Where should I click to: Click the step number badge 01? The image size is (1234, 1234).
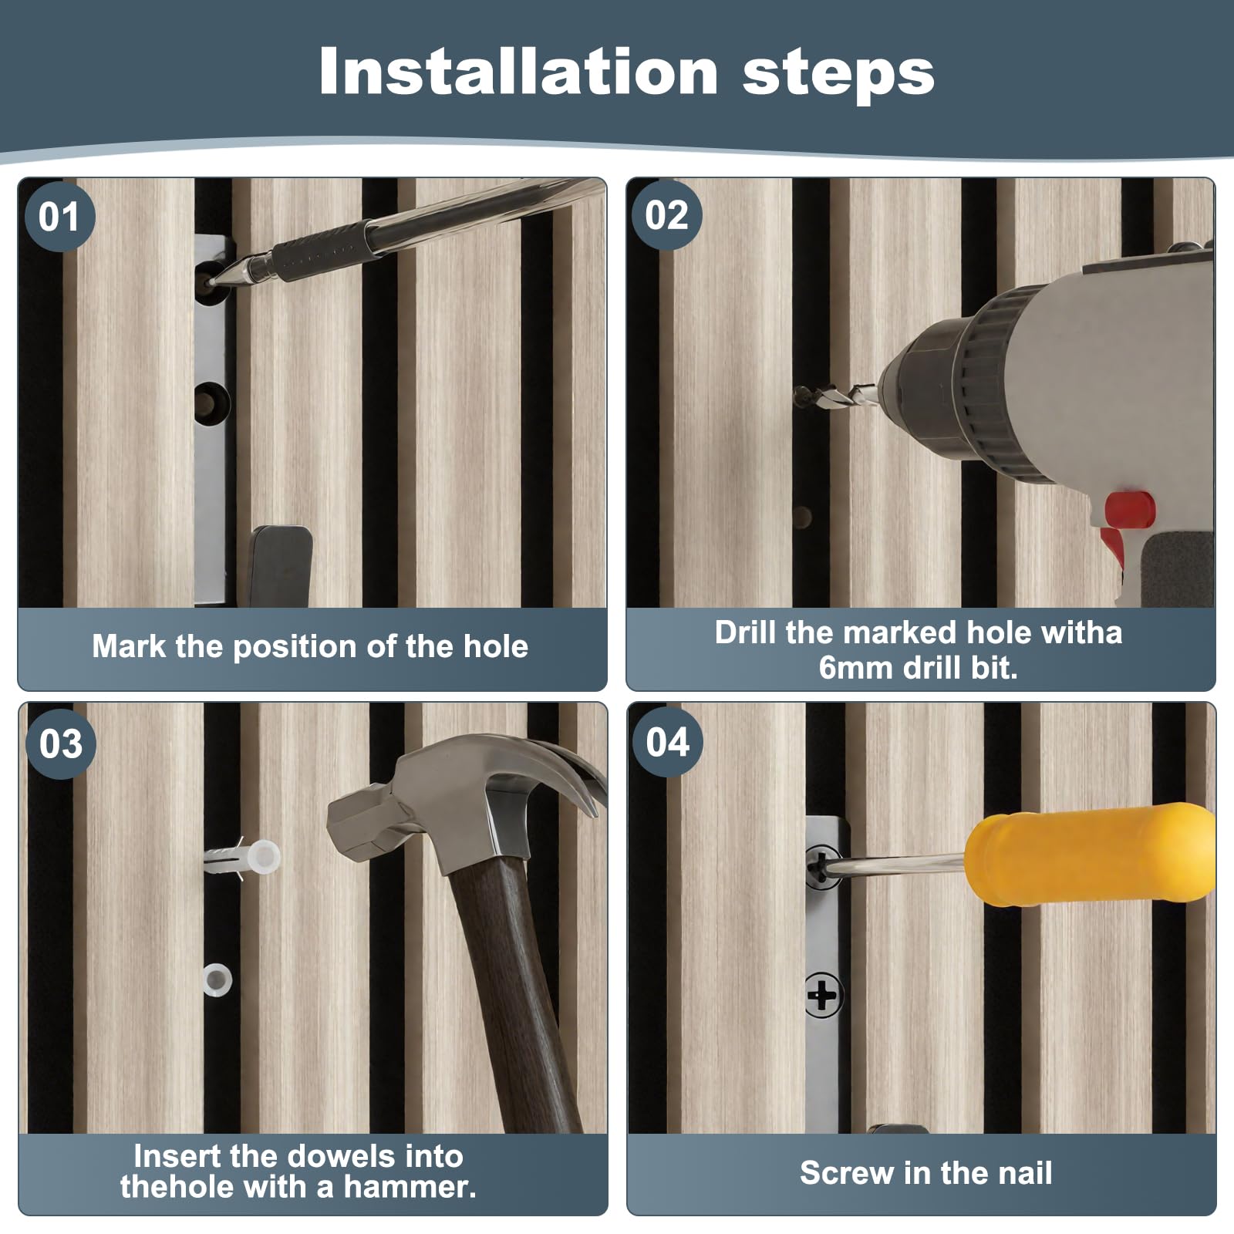pyautogui.click(x=59, y=216)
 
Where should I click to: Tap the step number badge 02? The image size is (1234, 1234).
pyautogui.click(x=667, y=214)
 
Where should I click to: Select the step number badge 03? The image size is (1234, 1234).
pyautogui.click(x=61, y=743)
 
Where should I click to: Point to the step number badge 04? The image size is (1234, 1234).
pyautogui.click(x=668, y=742)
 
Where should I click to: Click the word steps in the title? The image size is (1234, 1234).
pyautogui.click(x=838, y=74)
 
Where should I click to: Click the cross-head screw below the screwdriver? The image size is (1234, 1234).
pyautogui.click(x=822, y=995)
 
